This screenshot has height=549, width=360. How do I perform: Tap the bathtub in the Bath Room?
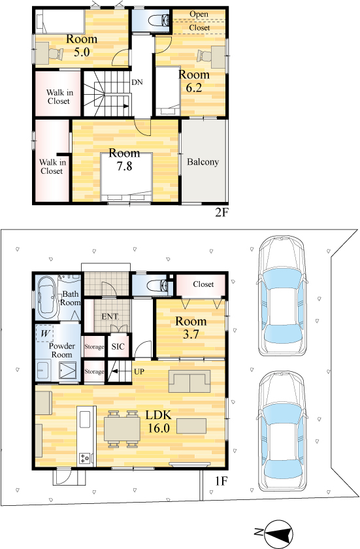47,297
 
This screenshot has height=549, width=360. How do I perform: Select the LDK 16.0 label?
159,422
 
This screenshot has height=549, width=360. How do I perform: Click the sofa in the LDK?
189,381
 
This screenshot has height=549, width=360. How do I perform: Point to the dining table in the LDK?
122,429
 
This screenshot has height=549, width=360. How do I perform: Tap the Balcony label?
203,162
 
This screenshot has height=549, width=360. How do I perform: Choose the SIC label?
118,346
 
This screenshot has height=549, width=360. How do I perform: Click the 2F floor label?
221,212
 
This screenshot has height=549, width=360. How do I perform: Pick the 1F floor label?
221,482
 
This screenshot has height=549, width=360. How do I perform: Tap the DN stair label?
137,82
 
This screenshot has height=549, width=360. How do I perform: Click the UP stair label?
139,371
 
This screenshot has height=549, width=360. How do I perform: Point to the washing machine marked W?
45,333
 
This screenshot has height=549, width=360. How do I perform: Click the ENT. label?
110,316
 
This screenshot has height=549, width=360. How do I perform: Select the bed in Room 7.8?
126,177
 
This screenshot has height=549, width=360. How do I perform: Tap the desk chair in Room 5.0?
56,54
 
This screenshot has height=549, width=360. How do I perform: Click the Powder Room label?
61,350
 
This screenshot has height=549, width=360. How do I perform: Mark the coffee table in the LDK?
191,426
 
